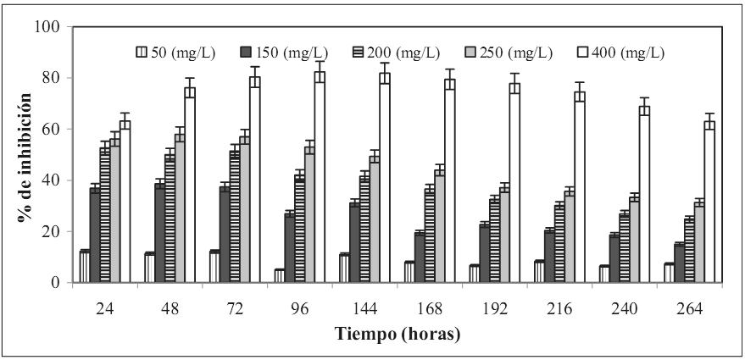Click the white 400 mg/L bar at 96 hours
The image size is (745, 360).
[320, 177]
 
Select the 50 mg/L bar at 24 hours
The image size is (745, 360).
[85, 267]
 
